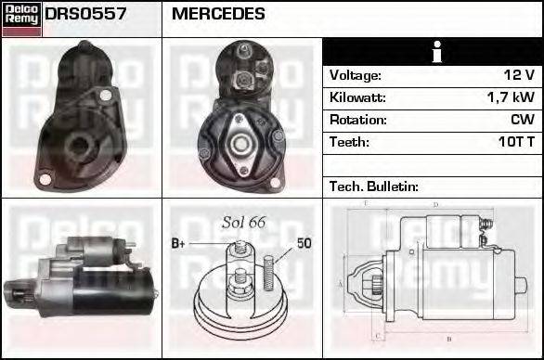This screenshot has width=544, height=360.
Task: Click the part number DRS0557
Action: coord(86,15)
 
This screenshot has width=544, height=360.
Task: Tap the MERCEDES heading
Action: coord(219,15)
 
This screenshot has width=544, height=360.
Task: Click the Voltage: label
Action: coord(355,75)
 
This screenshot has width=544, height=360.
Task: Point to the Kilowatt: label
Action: coord(357,97)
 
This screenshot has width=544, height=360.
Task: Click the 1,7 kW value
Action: coord(512,97)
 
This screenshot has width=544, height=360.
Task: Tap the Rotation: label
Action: coord(356,120)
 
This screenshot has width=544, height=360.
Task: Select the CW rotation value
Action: coord(522,120)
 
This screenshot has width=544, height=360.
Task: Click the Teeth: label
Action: coord(349,142)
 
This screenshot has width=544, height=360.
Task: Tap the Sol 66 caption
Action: coord(243,222)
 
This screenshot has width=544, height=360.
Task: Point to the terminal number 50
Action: coord(304,243)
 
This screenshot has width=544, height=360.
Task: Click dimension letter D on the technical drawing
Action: coord(435,204)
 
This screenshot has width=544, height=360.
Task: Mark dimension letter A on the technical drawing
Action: coord(341,282)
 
